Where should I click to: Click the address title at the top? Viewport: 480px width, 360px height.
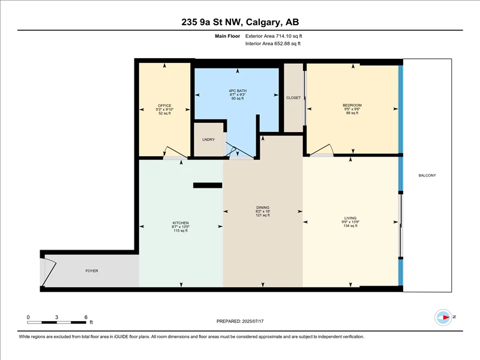tap(240, 22)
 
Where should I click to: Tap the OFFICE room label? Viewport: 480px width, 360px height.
tap(164, 106)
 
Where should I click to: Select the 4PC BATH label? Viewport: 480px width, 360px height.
tap(238, 91)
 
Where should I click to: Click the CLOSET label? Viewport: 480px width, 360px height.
tap(293, 98)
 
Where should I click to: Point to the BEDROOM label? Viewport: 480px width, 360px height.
tap(352, 106)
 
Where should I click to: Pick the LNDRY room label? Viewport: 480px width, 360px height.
tap(208, 140)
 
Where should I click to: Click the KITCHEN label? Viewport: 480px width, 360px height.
tap(181, 223)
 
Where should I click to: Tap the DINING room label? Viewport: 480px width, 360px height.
tap(263, 208)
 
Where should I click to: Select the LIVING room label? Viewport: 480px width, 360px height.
tap(350, 218)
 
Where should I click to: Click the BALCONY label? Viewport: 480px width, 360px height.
tap(427, 175)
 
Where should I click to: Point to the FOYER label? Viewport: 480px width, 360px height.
tap(92, 271)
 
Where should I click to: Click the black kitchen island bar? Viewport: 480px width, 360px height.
tap(208, 185)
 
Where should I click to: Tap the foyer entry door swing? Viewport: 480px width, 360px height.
tap(50, 273)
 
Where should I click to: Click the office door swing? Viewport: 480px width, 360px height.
tap(175, 152)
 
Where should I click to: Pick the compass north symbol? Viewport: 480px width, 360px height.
tap(443, 317)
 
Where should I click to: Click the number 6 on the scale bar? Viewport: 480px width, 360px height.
tap(86, 317)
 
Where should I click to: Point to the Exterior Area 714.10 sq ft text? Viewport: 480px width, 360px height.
tap(274, 36)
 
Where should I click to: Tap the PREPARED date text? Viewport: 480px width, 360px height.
tap(240, 321)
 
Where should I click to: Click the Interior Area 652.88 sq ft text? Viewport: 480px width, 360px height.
tap(273, 43)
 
